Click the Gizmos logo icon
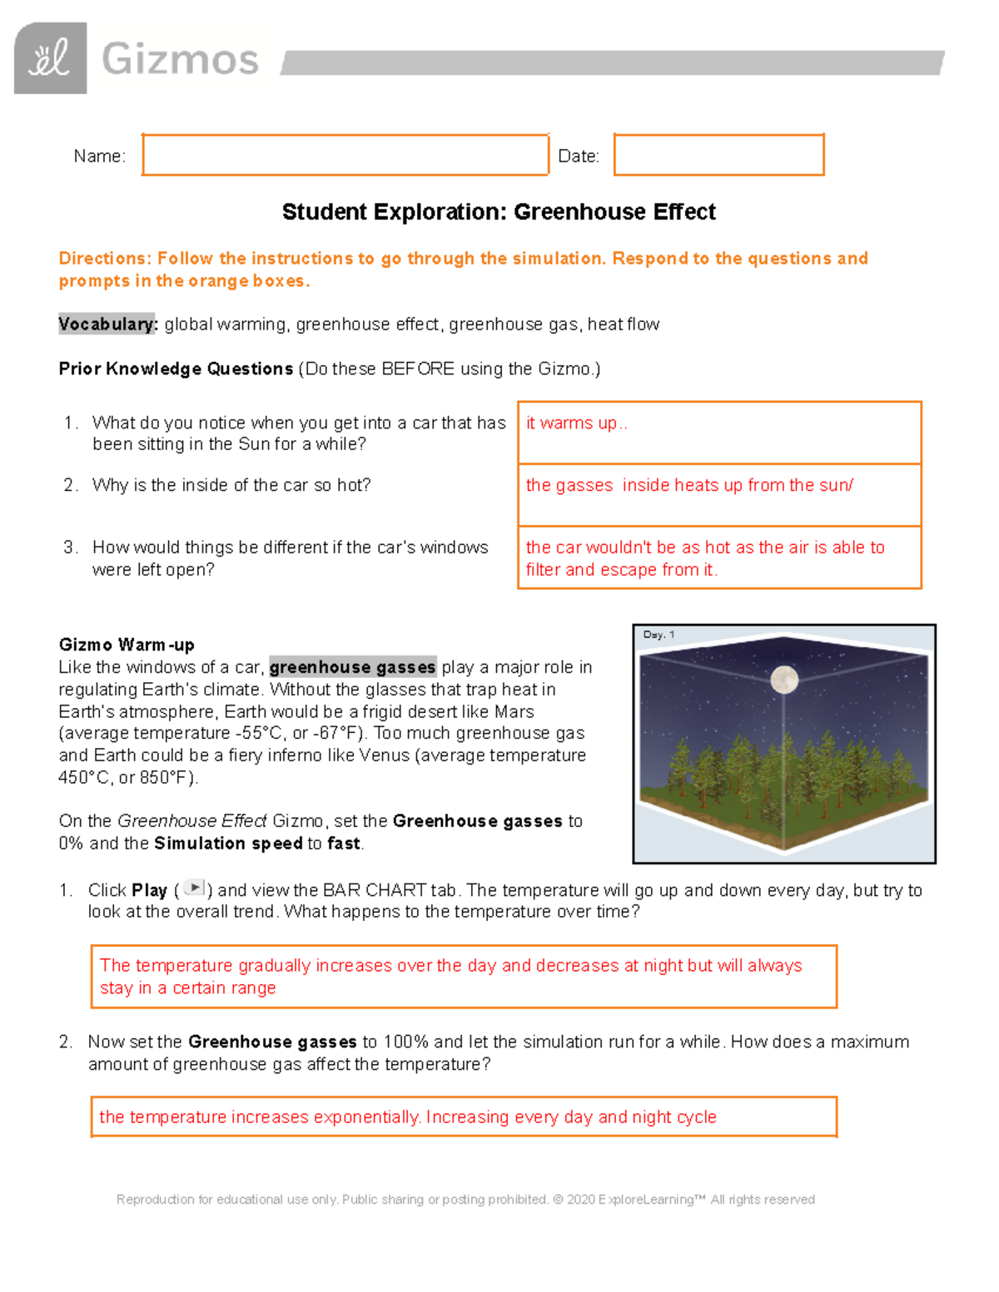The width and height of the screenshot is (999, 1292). pyautogui.click(x=50, y=58)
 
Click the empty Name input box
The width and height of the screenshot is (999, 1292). pyautogui.click(x=345, y=155)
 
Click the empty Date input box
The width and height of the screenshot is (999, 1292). pyautogui.click(x=718, y=155)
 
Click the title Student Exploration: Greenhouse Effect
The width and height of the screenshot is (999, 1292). pyautogui.click(x=498, y=212)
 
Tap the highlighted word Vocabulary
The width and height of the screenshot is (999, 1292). pyautogui.click(x=107, y=324)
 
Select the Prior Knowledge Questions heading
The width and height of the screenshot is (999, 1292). pyautogui.click(x=176, y=369)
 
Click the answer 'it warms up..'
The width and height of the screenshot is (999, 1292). pyautogui.click(x=576, y=423)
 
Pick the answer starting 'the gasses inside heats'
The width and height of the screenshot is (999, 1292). pyautogui.click(x=688, y=485)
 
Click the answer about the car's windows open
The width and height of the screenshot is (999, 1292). pyautogui.click(x=704, y=558)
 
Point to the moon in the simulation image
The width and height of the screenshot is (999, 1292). pyautogui.click(x=783, y=680)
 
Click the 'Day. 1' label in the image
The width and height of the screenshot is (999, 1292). pyautogui.click(x=659, y=635)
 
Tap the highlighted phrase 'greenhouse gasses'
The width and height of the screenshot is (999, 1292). pyautogui.click(x=352, y=667)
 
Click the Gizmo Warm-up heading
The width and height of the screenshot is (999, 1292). pyautogui.click(x=127, y=645)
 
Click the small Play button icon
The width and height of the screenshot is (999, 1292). pyautogui.click(x=193, y=889)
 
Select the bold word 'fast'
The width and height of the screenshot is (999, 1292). pyautogui.click(x=343, y=844)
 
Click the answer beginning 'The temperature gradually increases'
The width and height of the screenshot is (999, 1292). pyautogui.click(x=450, y=976)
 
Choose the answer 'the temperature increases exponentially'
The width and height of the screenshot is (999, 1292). pyautogui.click(x=407, y=1116)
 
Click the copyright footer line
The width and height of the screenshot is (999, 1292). pyautogui.click(x=465, y=1200)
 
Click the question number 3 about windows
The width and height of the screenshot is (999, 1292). pyautogui.click(x=70, y=547)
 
